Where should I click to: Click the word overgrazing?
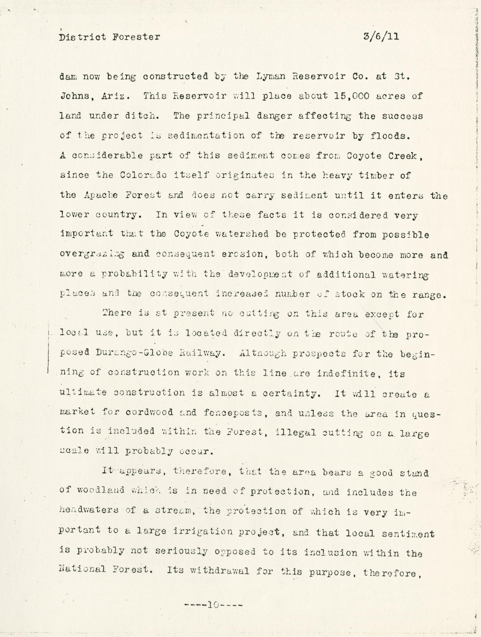point(92,255)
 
